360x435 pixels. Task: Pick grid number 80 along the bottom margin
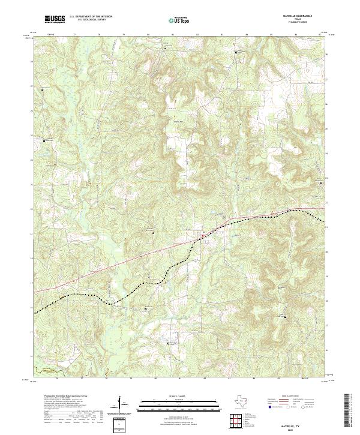pyautogui.click(x=156, y=379)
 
